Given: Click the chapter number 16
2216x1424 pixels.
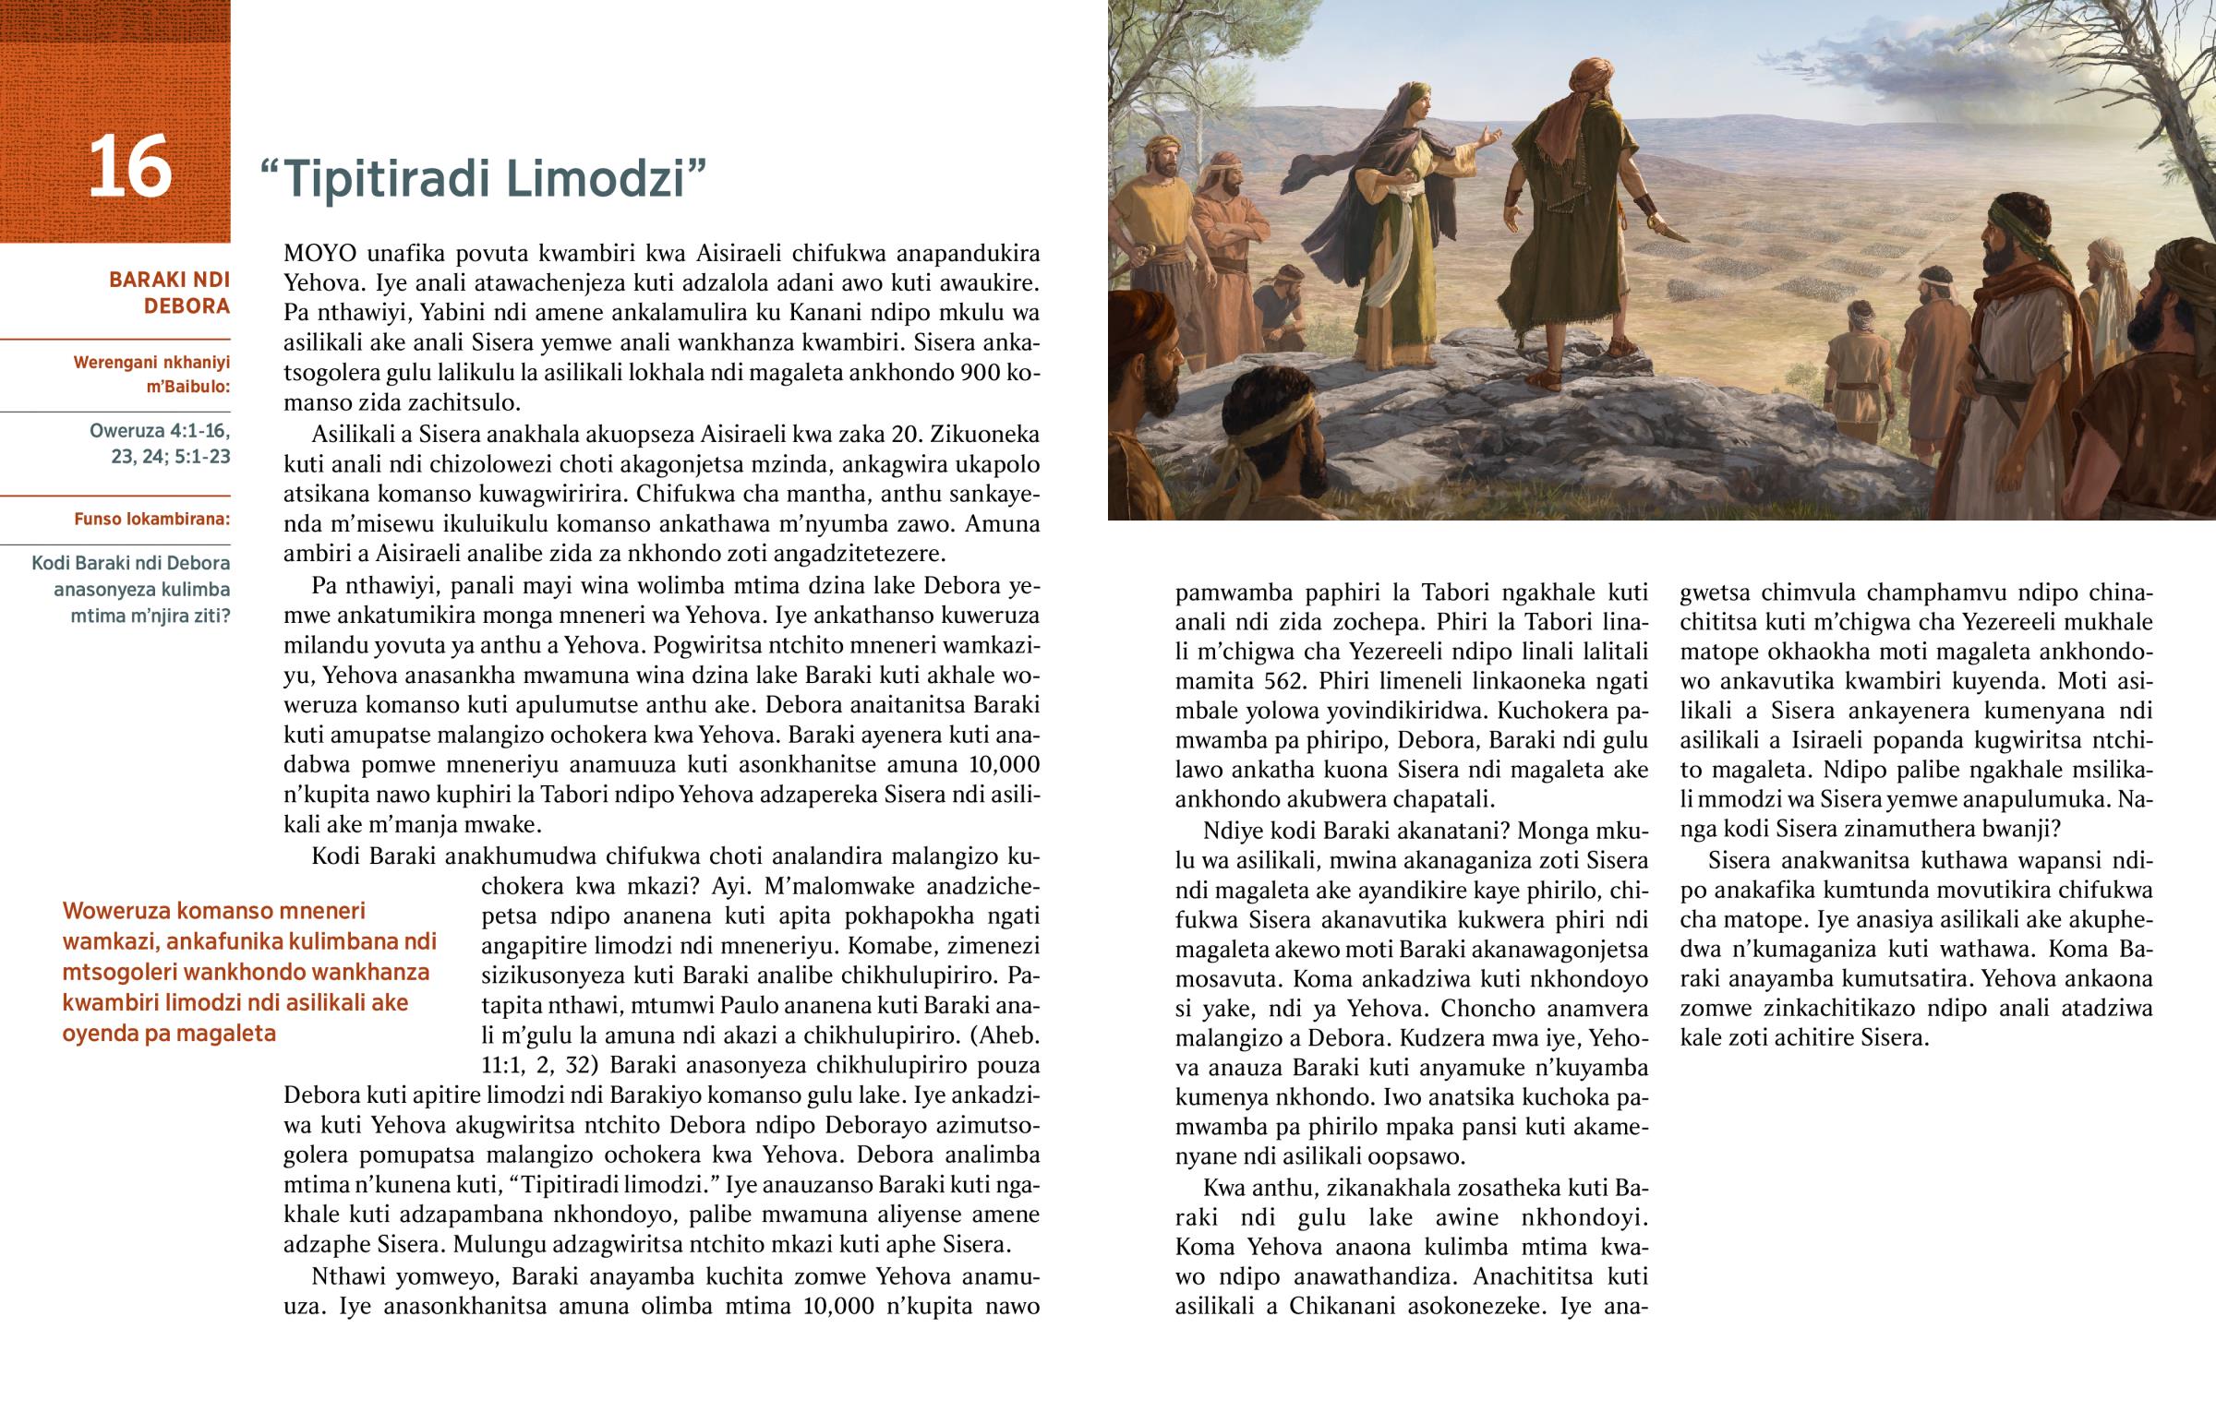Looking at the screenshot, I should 129,167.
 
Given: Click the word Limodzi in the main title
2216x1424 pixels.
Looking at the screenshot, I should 606,178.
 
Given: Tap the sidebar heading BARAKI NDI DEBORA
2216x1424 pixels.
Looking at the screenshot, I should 170,293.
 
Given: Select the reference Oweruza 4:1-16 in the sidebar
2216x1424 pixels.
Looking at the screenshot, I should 159,431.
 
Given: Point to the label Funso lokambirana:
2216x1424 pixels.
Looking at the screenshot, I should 151,519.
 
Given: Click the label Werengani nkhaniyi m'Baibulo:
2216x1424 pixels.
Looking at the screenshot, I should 151,375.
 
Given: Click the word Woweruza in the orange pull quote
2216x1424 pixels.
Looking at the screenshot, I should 115,912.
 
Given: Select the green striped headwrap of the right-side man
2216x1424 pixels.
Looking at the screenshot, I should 2017,218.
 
